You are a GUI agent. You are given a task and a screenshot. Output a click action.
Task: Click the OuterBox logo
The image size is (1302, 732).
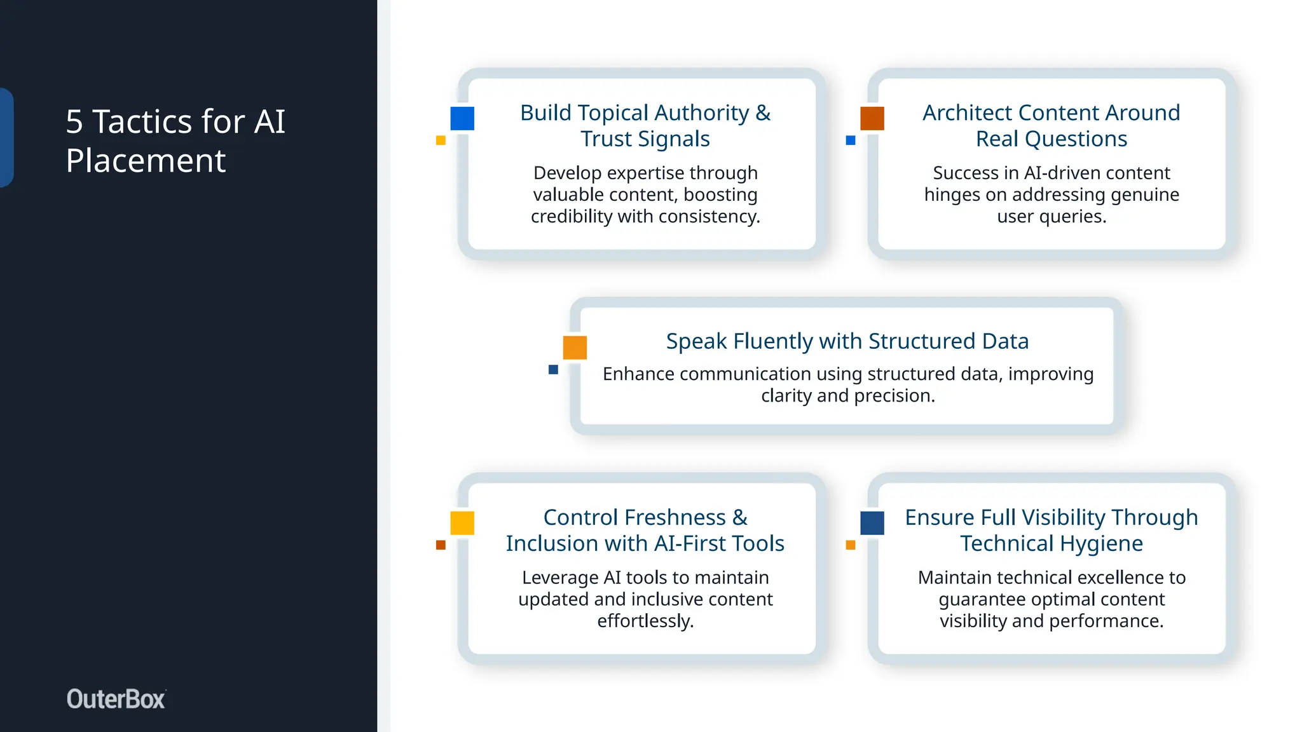click(x=116, y=699)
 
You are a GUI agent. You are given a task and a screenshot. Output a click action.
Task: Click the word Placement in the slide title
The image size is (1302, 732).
click(x=146, y=161)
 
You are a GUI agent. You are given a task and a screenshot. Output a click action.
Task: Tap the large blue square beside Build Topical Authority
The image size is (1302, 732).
click(x=462, y=118)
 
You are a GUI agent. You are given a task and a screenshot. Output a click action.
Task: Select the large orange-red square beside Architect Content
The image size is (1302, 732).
click(x=872, y=118)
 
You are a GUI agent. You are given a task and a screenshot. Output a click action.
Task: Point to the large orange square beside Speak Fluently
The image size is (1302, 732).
click(x=575, y=348)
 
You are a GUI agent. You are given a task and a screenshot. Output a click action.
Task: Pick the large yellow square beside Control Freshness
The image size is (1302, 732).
click(x=462, y=523)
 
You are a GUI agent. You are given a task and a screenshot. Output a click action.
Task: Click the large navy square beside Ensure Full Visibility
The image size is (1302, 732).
click(x=872, y=523)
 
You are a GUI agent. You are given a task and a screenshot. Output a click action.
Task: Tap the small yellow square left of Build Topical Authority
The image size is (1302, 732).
click(x=441, y=140)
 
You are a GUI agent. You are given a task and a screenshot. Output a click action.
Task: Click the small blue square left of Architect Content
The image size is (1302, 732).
click(x=851, y=140)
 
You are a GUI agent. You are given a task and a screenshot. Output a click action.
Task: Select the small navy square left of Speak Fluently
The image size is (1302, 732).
click(x=553, y=370)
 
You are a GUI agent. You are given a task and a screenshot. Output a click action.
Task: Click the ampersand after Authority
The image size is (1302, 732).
click(x=763, y=113)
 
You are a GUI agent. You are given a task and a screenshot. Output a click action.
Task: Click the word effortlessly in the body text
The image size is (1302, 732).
click(x=645, y=621)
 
